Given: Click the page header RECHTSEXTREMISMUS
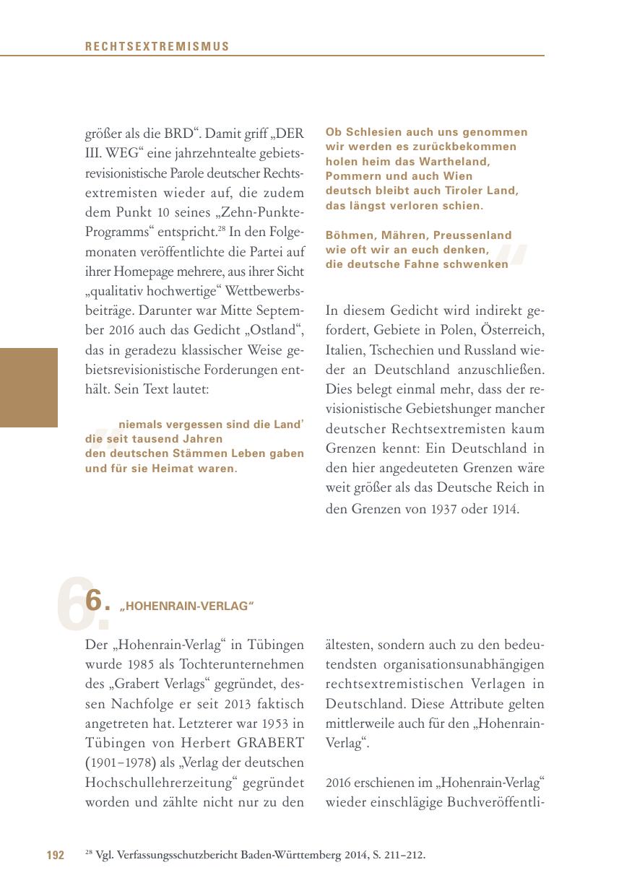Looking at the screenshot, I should click(x=157, y=47).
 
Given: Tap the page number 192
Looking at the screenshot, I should click(x=56, y=856).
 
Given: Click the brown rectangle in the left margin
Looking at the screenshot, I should click(x=28, y=388).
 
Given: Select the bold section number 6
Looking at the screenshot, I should click(x=93, y=601).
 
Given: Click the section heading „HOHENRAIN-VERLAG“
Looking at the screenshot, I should click(x=187, y=606).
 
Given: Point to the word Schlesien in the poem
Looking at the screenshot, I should click(x=373, y=132).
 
